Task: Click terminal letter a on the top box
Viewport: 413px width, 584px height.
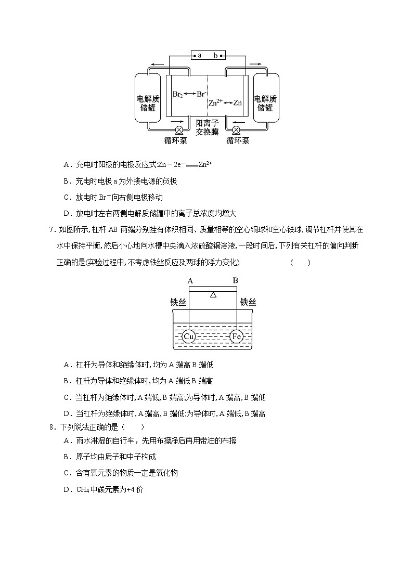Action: click(199, 55)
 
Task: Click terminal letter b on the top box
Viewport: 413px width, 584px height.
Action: click(216, 55)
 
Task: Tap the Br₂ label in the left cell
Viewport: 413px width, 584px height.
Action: click(177, 95)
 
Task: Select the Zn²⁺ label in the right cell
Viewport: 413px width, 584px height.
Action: click(215, 102)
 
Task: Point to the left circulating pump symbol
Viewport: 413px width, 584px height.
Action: click(179, 130)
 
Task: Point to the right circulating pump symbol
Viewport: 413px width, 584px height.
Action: click(236, 130)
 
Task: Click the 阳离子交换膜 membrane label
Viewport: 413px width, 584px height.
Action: click(207, 127)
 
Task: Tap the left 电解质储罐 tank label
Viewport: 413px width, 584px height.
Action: click(148, 103)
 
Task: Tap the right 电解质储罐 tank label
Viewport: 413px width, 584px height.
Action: click(265, 103)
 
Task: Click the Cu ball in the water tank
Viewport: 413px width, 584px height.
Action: click(189, 336)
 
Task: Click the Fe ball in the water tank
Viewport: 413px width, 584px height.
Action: click(236, 336)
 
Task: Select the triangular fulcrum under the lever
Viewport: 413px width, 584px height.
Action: click(213, 294)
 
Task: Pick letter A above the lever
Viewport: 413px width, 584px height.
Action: click(190, 280)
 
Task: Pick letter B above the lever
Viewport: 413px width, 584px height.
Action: click(235, 280)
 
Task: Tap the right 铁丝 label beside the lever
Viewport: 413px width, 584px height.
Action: click(248, 302)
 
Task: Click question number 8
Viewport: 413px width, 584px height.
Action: click(51, 427)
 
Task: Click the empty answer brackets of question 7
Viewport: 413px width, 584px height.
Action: click(300, 263)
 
